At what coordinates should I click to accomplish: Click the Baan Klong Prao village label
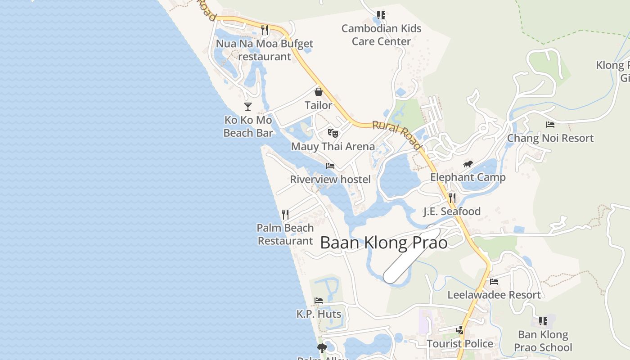pyautogui.click(x=384, y=243)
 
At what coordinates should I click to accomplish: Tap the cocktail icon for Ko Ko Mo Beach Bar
pyautogui.click(x=248, y=107)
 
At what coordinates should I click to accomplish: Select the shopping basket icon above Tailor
pyautogui.click(x=319, y=92)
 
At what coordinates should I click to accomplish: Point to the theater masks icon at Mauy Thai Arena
pyautogui.click(x=333, y=133)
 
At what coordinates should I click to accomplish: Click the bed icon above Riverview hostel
pyautogui.click(x=330, y=166)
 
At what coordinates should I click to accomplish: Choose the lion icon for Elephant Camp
pyautogui.click(x=468, y=164)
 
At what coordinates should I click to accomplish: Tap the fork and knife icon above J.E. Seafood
pyautogui.click(x=452, y=198)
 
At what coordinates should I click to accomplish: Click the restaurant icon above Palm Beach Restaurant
pyautogui.click(x=285, y=215)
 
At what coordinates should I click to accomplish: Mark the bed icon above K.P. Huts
pyautogui.click(x=319, y=301)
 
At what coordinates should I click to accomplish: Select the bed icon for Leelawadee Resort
pyautogui.click(x=494, y=282)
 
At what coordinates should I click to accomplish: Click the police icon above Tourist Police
pyautogui.click(x=460, y=330)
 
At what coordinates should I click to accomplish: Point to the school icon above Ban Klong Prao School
pyautogui.click(x=543, y=321)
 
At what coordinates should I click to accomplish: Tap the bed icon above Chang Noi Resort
pyautogui.click(x=550, y=125)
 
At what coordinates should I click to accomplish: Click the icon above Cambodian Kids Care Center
pyautogui.click(x=381, y=16)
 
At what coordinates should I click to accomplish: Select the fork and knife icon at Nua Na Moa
pyautogui.click(x=265, y=30)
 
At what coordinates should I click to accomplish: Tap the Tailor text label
pyautogui.click(x=319, y=105)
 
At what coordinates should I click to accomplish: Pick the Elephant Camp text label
pyautogui.click(x=468, y=177)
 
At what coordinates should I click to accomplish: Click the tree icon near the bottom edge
pyautogui.click(x=322, y=348)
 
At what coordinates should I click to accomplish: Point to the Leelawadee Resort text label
pyautogui.click(x=494, y=295)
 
